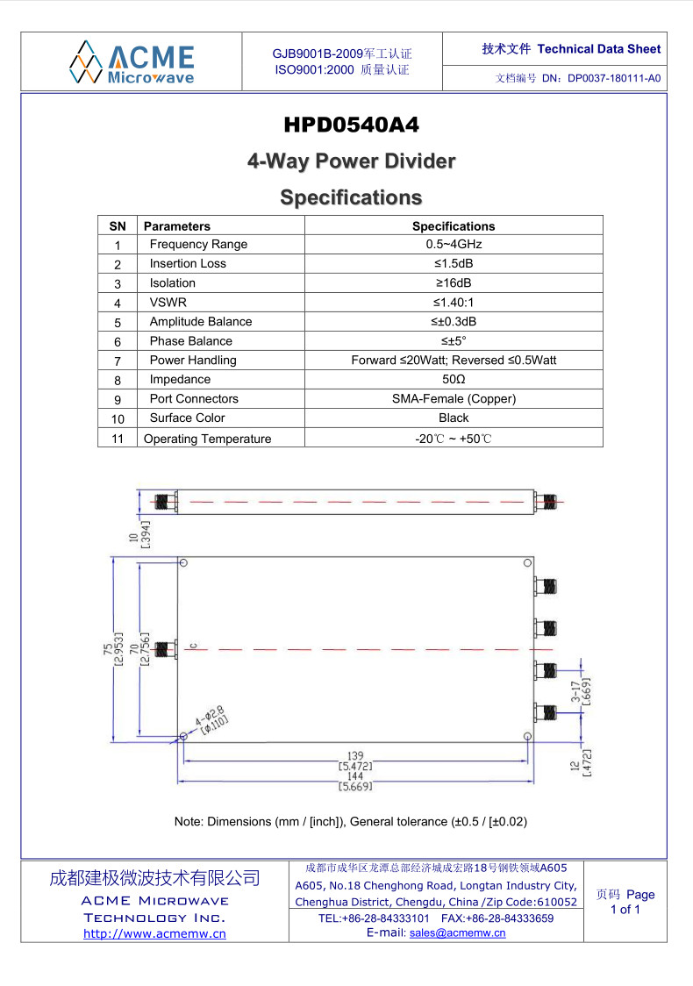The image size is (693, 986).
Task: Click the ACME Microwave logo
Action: [x=132, y=62]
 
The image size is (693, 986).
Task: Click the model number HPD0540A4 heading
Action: [x=351, y=125]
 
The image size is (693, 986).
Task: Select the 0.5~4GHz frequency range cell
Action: [x=454, y=244]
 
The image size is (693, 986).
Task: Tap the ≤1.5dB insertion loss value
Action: [x=454, y=263]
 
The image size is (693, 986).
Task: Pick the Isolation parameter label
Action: [x=172, y=283]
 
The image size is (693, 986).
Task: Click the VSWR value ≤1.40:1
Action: [x=454, y=303]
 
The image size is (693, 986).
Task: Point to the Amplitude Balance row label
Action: [x=201, y=321]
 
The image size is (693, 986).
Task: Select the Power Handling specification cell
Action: [x=454, y=361]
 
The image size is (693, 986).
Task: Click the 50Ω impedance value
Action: [x=454, y=379]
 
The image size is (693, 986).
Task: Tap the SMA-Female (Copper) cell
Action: [x=454, y=398]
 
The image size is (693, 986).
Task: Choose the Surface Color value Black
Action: [x=454, y=418]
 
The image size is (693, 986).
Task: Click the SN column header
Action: [x=118, y=226]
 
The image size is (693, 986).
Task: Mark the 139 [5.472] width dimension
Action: [x=355, y=761]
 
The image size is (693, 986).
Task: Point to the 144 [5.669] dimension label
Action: [x=355, y=781]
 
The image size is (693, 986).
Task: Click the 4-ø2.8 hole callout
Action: [x=211, y=719]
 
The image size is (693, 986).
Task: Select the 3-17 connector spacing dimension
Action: [x=581, y=692]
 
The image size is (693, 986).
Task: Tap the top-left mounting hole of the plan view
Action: [x=183, y=563]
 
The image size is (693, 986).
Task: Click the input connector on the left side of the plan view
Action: [x=166, y=649]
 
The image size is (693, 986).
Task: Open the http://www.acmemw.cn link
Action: [x=154, y=934]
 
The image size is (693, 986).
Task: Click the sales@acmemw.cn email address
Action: [x=457, y=933]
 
